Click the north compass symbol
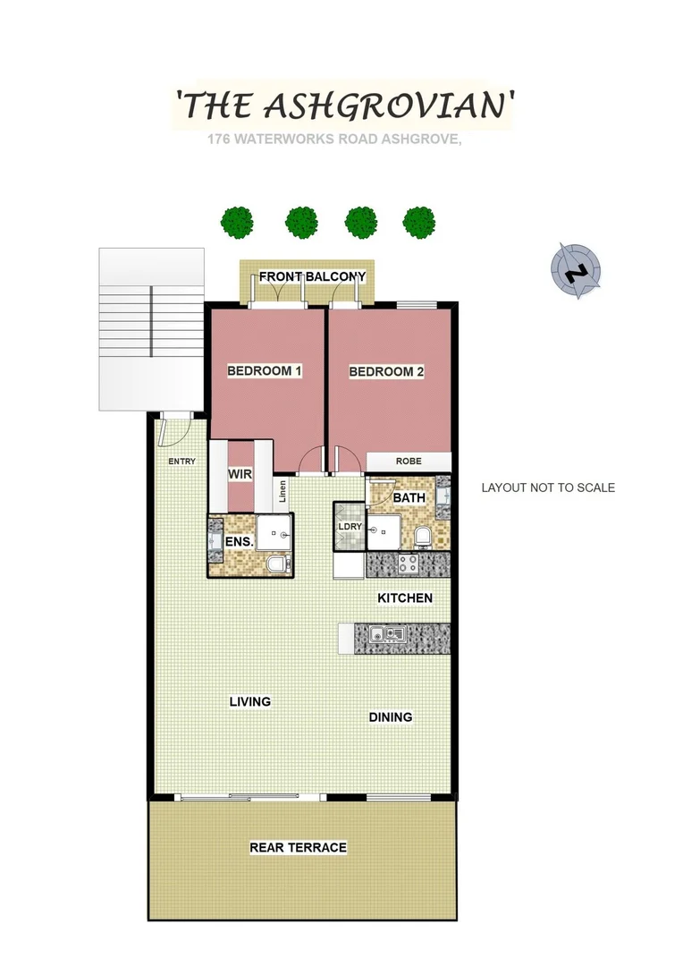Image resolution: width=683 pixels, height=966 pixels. click(x=577, y=269)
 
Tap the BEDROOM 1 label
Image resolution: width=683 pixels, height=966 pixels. click(x=264, y=371)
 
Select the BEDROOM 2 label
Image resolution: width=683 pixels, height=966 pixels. click(x=386, y=371)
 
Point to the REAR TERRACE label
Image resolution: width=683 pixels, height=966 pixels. click(x=298, y=847)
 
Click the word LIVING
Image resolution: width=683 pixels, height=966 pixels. click(x=249, y=702)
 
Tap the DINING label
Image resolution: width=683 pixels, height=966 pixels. click(x=391, y=716)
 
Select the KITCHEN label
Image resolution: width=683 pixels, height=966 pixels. click(x=405, y=597)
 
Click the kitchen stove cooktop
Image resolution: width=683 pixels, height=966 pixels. click(x=408, y=563)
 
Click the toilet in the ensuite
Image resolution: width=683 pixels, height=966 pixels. click(x=277, y=564)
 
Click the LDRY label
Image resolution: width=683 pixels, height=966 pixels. click(x=350, y=527)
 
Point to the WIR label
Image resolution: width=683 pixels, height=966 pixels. click(x=239, y=473)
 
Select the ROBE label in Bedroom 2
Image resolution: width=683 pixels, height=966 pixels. click(x=409, y=462)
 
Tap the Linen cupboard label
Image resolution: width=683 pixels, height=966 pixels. click(x=282, y=492)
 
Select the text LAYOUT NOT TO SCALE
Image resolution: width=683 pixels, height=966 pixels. click(x=548, y=487)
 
